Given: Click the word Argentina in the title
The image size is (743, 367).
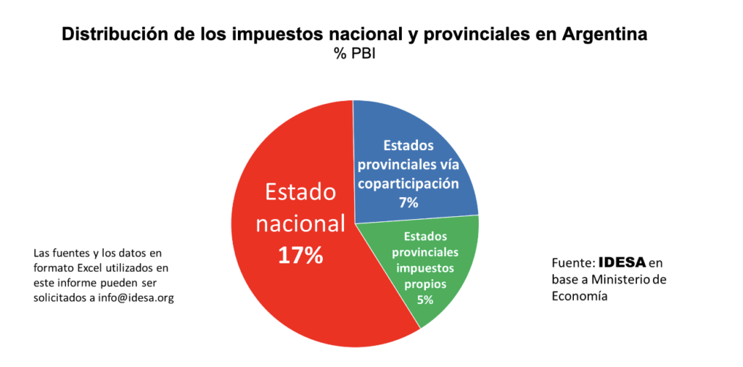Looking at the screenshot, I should click(602, 34).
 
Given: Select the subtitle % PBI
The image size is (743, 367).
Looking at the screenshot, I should click(354, 53).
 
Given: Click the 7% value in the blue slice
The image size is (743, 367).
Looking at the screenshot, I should click(409, 202).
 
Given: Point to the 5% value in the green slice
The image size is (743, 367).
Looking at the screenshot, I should click(424, 299).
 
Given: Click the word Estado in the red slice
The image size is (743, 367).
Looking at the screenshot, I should click(301, 192).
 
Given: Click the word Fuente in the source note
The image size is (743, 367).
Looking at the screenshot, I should click(573, 262).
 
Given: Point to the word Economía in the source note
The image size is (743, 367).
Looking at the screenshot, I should click(579, 296).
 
